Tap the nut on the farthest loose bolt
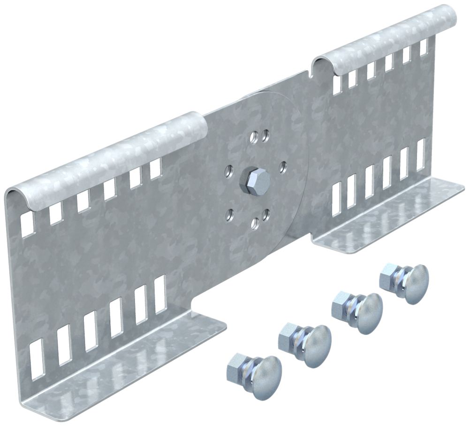pyautogui.click(x=390, y=273)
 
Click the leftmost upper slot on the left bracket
pyautogui.click(x=28, y=223)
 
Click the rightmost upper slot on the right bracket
pyautogui.click(x=424, y=46)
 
